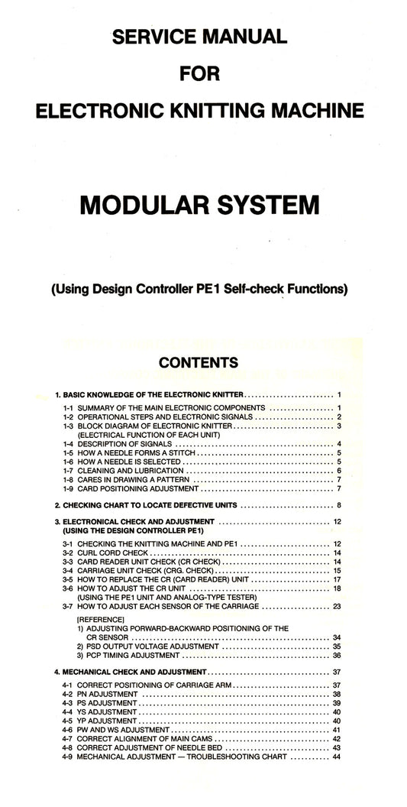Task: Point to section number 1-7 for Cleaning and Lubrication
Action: (69, 471)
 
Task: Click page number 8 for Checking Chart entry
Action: (338, 506)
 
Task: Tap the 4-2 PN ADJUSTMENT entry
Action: (100, 694)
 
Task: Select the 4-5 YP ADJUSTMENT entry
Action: (100, 721)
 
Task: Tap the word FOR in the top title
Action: (199, 74)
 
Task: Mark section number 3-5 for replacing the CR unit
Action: (69, 579)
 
